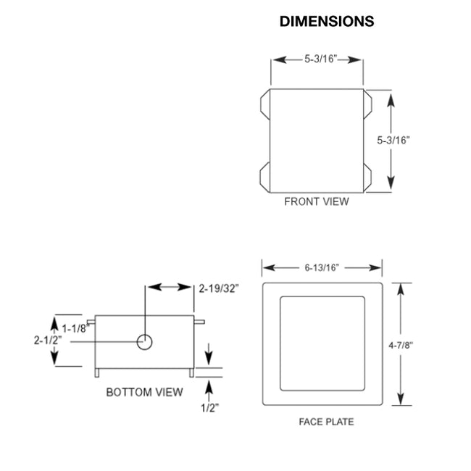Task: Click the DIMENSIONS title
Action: [327, 22]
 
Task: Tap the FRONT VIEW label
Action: [316, 201]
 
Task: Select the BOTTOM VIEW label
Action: [144, 392]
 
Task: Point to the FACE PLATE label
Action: [326, 422]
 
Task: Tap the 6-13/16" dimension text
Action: [322, 267]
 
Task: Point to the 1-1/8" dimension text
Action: [75, 328]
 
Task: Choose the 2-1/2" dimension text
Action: [46, 339]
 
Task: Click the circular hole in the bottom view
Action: [145, 341]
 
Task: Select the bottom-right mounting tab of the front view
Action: [367, 175]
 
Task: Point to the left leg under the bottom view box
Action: [99, 372]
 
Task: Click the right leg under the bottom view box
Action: [191, 372]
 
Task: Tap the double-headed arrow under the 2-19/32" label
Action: [169, 288]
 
